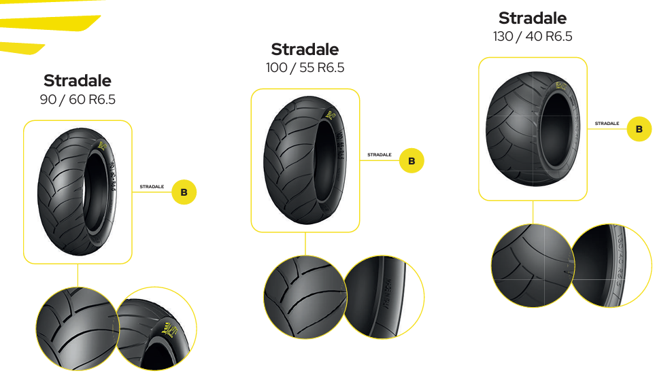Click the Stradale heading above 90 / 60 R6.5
click(77, 81)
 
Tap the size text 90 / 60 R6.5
click(78, 100)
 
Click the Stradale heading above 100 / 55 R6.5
click(305, 50)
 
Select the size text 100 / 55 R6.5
click(305, 68)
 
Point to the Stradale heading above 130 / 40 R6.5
click(532, 18)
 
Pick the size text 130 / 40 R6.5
click(533, 36)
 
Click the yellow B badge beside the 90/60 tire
click(184, 192)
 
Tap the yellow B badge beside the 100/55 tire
click(411, 161)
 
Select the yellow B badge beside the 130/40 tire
click(639, 128)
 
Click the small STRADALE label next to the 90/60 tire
click(152, 187)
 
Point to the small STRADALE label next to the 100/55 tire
click(380, 155)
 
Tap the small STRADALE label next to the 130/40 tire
click(607, 124)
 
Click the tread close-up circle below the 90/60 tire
click(76, 328)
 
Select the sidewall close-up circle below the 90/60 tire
click(156, 328)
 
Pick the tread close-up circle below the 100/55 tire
click(304, 297)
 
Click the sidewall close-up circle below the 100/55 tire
click(384, 297)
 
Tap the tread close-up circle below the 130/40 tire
click(531, 265)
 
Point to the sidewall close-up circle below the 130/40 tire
click(611, 265)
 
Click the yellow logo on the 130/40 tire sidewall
click(561, 86)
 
